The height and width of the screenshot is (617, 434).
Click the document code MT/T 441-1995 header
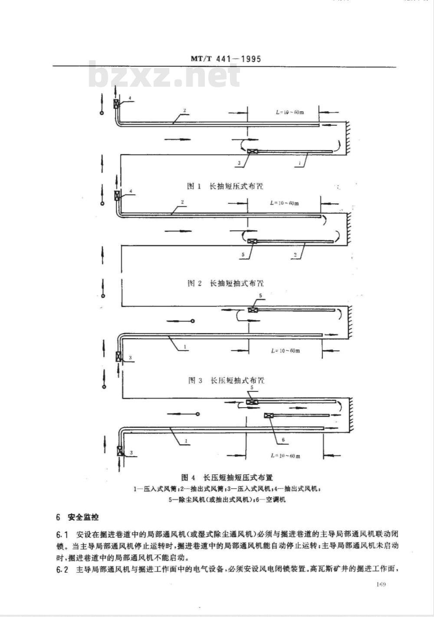pos(226,59)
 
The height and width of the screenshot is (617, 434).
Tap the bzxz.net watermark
pos(164,76)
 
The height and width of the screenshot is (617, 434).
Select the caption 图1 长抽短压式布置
pos(225,186)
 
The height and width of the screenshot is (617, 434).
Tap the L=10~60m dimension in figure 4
pos(285,456)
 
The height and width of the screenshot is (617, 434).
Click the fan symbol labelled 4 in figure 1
pos(117,104)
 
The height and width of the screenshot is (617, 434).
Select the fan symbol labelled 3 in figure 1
pos(252,152)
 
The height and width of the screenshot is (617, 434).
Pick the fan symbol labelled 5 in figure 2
pos(252,242)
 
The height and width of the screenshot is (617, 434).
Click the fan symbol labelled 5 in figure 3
pos(252,310)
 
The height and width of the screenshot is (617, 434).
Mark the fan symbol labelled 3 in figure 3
pos(118,356)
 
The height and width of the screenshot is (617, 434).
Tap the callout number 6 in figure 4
pos(283,440)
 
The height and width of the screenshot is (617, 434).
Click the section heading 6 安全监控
pos(78,517)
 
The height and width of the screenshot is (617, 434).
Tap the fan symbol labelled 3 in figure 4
pos(120,450)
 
